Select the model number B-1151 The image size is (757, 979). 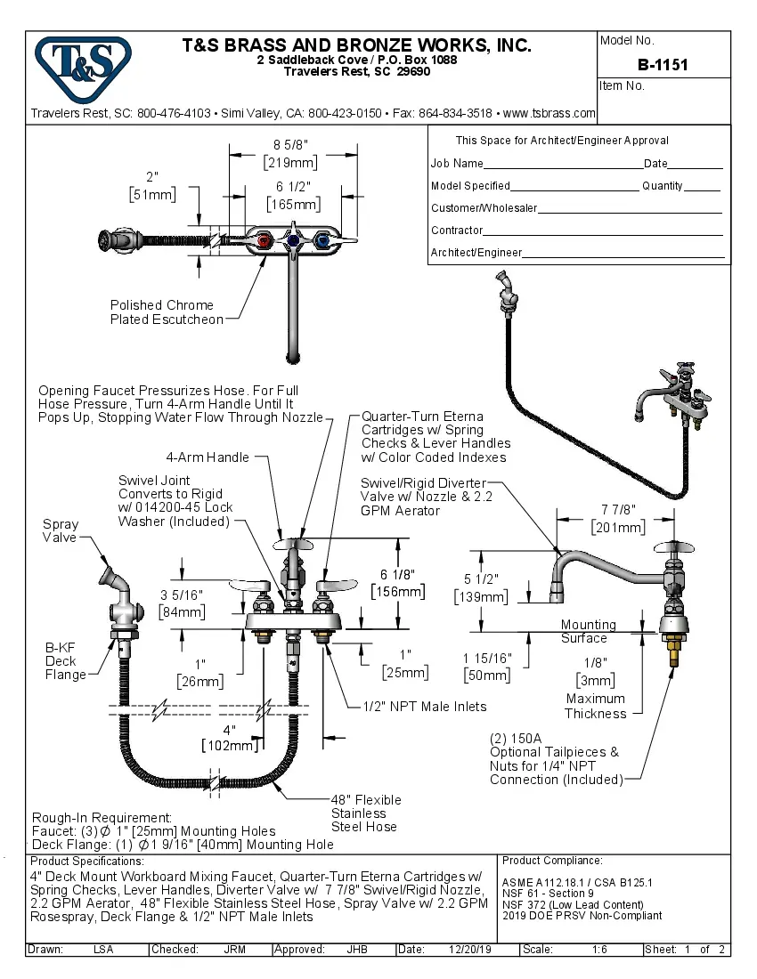663,65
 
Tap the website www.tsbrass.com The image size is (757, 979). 549,114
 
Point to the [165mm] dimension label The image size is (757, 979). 293,204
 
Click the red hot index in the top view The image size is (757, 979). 264,242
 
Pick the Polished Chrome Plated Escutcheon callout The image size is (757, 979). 167,312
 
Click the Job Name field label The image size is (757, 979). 457,164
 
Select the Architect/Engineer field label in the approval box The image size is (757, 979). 476,253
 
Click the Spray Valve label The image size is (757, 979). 61,531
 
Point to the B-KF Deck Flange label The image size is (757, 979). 65,660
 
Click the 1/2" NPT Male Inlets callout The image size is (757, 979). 425,707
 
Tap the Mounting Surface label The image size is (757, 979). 587,631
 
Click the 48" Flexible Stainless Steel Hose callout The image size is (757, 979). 366,813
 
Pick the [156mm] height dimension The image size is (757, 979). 398,591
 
